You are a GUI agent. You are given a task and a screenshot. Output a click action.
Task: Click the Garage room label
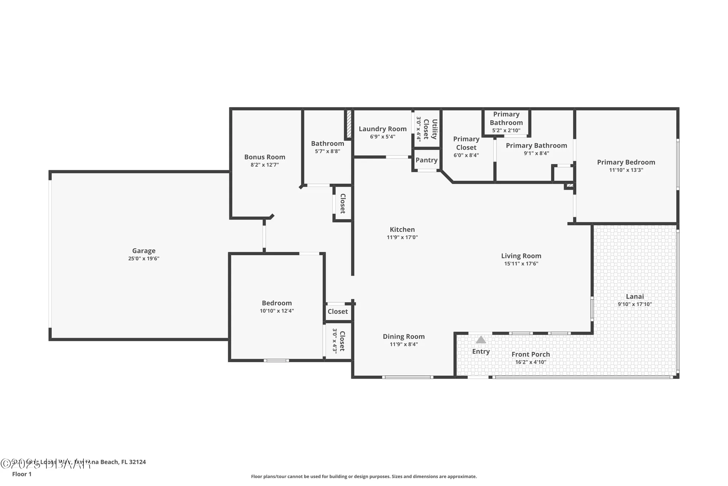143,250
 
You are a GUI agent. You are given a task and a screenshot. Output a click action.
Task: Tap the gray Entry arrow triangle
480,340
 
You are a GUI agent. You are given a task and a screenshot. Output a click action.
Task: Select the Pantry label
426,160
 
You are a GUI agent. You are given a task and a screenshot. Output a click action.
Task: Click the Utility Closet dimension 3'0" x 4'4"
419,129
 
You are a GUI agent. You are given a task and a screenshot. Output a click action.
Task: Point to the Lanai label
634,296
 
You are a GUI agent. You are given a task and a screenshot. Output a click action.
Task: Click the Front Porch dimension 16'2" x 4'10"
530,362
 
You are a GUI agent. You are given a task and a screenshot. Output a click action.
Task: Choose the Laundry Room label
382,129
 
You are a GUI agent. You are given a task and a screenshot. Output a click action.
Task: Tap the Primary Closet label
466,143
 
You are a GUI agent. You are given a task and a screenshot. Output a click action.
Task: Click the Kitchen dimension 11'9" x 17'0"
402,237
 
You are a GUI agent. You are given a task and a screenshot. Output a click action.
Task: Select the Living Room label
521,256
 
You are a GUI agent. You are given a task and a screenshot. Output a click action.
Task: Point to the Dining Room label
403,337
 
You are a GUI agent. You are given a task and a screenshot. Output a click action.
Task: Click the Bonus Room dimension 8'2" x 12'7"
265,165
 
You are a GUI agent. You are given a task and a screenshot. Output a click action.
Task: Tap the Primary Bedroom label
626,162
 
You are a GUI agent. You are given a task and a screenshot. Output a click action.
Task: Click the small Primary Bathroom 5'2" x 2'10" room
506,123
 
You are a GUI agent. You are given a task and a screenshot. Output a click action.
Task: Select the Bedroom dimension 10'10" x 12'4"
277,311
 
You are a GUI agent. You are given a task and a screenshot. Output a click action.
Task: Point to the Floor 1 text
22,474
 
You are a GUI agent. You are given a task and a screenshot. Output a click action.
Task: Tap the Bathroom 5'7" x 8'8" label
327,143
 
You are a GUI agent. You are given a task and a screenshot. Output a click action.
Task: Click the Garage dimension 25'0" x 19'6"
143,258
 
